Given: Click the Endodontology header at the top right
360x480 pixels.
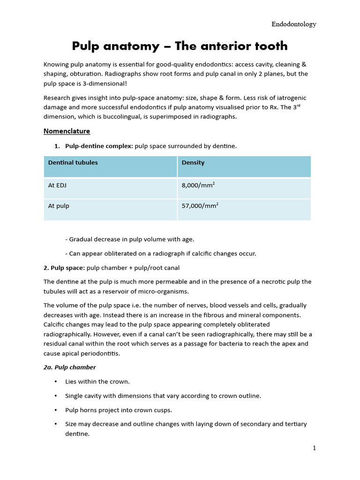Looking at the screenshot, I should (x=294, y=24).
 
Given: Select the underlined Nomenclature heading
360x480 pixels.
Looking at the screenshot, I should (x=67, y=131).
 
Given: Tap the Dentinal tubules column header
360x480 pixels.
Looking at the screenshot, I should (x=73, y=163).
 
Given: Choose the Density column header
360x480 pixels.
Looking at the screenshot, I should (x=193, y=163).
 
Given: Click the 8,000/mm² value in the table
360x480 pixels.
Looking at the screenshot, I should (x=198, y=185).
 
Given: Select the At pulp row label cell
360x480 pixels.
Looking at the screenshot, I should (x=59, y=206).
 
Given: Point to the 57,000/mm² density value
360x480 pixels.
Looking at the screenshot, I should (x=200, y=206).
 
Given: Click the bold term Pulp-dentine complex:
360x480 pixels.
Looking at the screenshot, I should (x=99, y=146).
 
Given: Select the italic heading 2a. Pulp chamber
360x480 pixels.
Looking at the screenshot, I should (x=69, y=367).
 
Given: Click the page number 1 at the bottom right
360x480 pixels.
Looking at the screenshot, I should (x=315, y=448).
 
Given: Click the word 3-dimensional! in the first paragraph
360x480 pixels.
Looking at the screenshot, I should (x=105, y=83).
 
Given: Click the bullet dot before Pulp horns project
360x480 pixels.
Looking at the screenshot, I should (x=56, y=410).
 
